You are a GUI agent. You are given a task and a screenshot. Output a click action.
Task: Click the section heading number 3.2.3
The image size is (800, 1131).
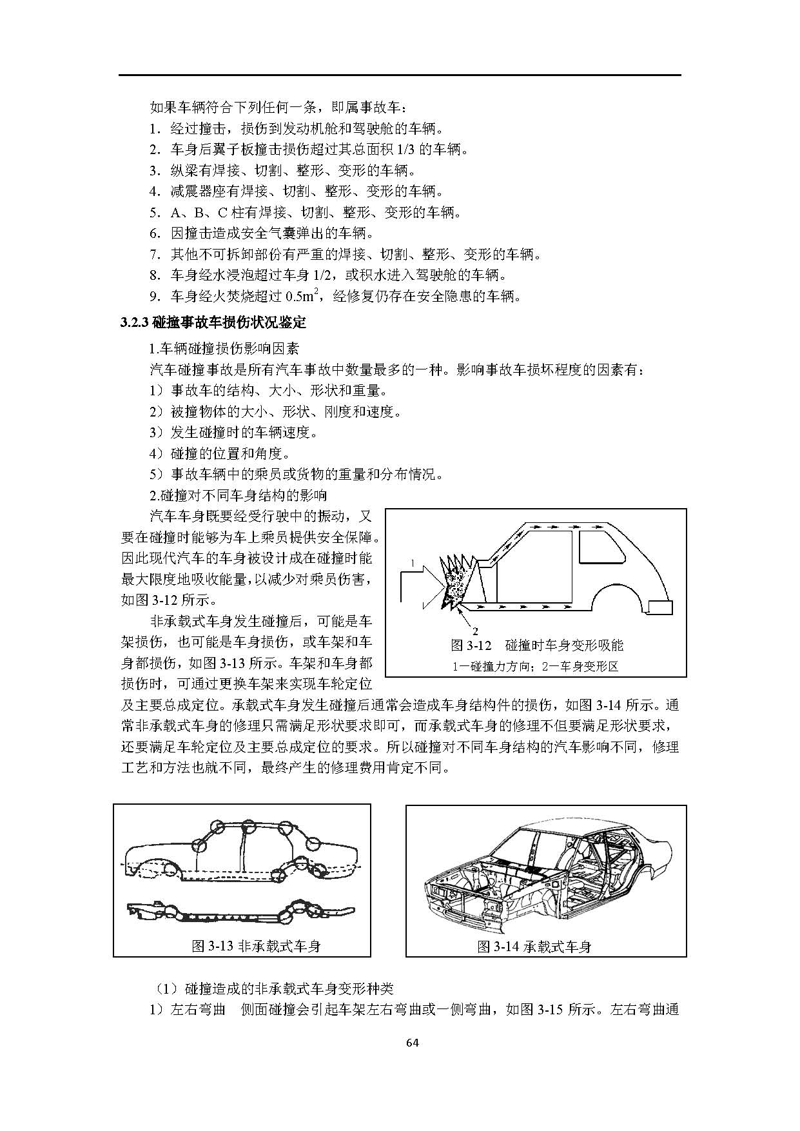click(135, 322)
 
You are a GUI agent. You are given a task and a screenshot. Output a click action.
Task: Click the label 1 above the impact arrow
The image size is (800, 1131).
click(411, 563)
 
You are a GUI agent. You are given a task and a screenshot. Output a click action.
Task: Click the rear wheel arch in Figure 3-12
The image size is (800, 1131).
click(620, 597)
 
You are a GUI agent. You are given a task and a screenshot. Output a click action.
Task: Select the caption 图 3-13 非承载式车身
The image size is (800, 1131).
click(257, 946)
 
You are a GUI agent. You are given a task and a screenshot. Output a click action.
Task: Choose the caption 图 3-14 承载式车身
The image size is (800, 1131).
click(534, 946)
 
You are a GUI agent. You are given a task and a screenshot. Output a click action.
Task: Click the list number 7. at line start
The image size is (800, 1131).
click(155, 254)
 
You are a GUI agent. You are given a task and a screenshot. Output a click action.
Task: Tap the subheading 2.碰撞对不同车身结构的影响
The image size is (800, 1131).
click(238, 495)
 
